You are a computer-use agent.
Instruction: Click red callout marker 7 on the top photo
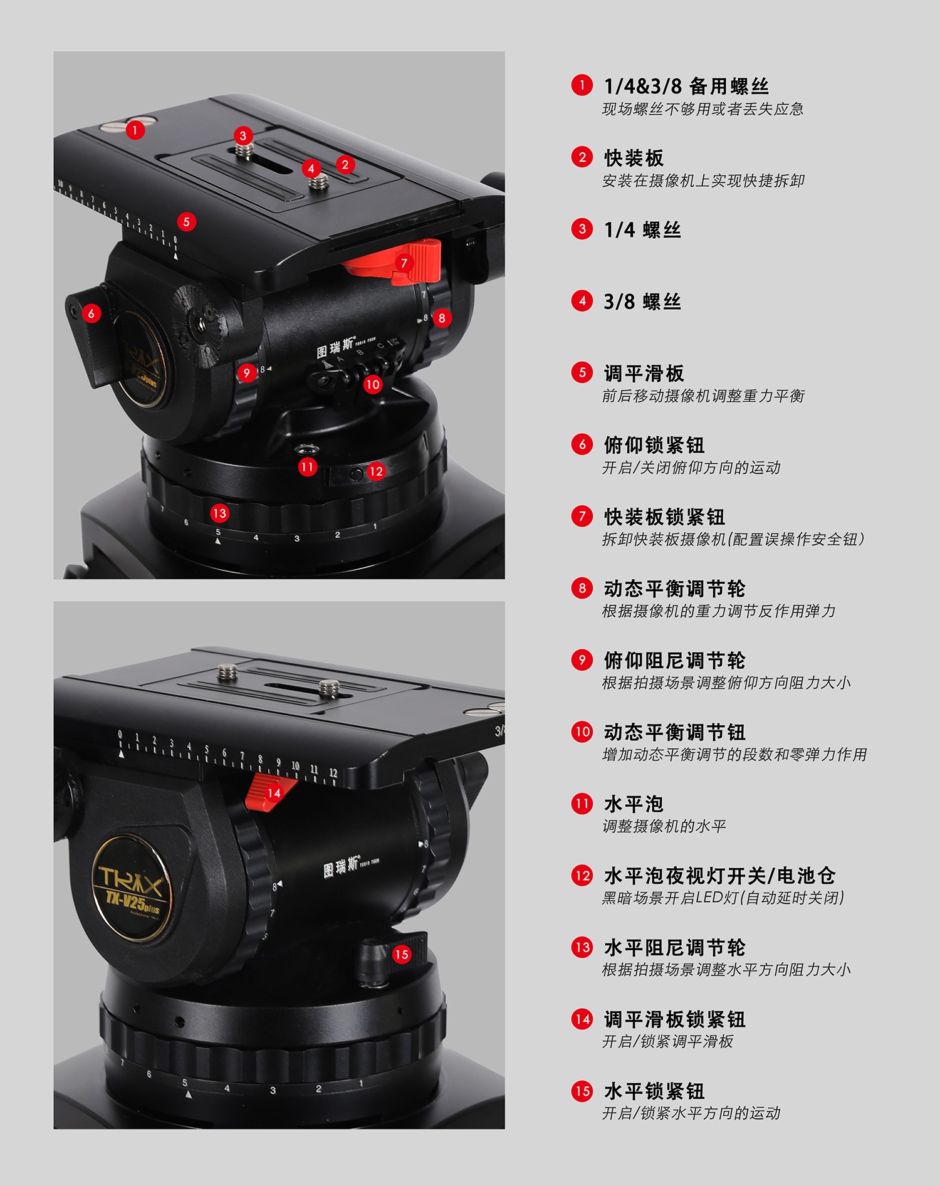coord(404,263)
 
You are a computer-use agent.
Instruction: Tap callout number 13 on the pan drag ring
coord(219,513)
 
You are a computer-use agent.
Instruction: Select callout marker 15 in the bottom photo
coord(401,954)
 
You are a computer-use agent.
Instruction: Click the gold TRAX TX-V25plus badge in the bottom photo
coord(132,888)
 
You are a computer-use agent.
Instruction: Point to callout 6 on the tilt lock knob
coord(91,313)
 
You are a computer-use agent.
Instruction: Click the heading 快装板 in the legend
coord(634,157)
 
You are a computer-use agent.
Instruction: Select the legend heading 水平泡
coord(634,804)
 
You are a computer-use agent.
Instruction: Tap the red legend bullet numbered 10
coord(582,732)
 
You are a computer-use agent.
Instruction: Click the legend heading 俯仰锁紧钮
coord(654,444)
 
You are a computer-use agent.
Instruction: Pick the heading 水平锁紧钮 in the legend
coord(654,1091)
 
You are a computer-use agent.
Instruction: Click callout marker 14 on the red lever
coord(274,793)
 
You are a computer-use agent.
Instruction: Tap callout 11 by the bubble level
coord(307,467)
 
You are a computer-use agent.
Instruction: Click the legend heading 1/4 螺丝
coord(642,229)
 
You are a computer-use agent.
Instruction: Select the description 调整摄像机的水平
coord(664,826)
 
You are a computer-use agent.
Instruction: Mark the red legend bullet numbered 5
coord(582,372)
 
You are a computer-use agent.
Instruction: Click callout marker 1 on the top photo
coord(135,130)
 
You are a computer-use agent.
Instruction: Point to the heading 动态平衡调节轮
coord(675,588)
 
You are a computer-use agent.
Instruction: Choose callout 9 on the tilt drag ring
coord(247,373)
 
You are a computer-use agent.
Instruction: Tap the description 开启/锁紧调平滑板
coord(667,1041)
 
